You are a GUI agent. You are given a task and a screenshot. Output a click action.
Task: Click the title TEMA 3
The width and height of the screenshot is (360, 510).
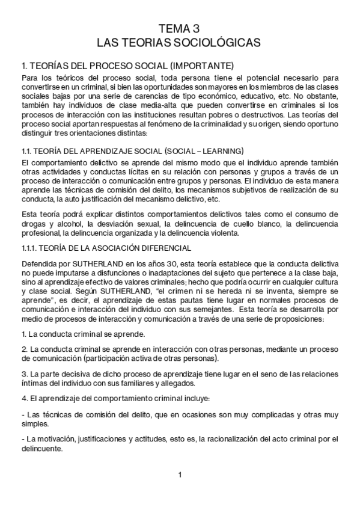click(x=180, y=28)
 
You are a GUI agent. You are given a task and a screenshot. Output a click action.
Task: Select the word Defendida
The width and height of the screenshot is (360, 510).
click(x=37, y=248)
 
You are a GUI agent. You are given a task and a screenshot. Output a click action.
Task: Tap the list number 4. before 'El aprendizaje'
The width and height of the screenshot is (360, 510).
click(x=23, y=398)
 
